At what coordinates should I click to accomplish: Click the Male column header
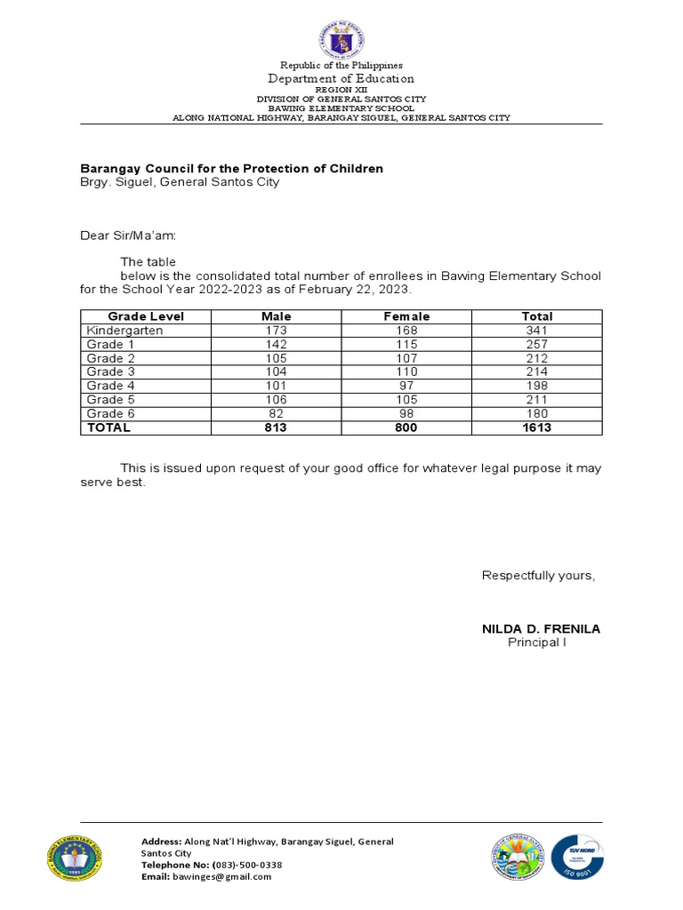(x=276, y=316)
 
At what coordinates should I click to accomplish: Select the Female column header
(x=406, y=316)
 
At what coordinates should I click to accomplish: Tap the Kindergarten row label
(x=125, y=331)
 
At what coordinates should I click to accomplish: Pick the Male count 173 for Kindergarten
(x=276, y=331)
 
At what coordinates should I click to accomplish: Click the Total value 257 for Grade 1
(x=537, y=344)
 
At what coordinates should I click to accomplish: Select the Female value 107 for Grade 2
(x=406, y=358)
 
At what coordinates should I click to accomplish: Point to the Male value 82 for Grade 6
(x=276, y=413)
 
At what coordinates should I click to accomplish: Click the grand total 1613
(x=537, y=427)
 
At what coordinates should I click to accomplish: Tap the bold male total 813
(x=276, y=427)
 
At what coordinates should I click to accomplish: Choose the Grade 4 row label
(x=110, y=386)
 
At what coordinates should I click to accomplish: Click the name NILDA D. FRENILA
(x=541, y=629)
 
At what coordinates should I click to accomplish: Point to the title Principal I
(x=536, y=643)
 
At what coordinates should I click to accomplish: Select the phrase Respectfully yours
(x=538, y=576)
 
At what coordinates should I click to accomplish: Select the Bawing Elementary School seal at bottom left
(x=74, y=858)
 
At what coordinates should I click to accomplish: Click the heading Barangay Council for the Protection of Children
(x=232, y=168)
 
